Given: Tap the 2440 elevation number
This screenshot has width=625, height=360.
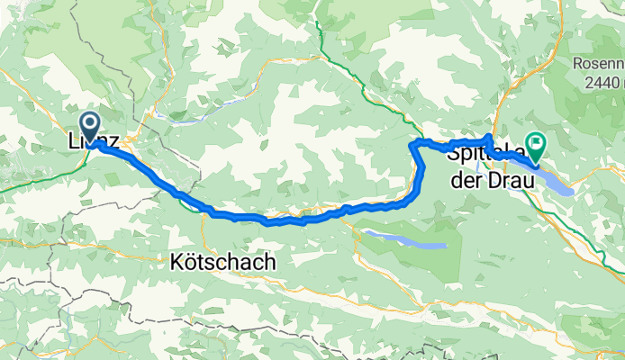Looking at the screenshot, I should (602, 81).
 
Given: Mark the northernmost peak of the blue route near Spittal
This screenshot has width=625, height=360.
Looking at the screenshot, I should (488, 136).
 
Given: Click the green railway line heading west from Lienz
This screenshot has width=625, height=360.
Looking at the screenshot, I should (36, 181).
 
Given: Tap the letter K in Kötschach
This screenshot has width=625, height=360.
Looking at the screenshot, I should (176, 263).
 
